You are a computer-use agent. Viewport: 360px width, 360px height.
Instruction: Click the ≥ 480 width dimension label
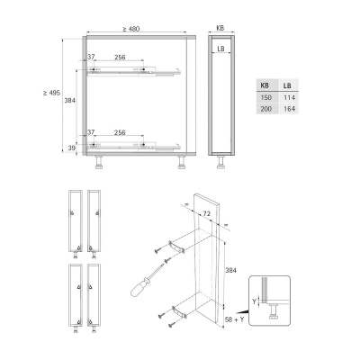pyautogui.click(x=131, y=29)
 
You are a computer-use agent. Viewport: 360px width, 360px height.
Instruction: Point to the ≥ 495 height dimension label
pyautogui.click(x=51, y=93)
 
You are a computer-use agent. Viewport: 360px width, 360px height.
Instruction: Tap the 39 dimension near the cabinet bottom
pyautogui.click(x=71, y=148)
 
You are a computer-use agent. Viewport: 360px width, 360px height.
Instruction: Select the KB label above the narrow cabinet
pyautogui.click(x=220, y=28)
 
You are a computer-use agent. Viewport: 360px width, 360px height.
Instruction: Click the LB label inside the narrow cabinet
pyautogui.click(x=220, y=49)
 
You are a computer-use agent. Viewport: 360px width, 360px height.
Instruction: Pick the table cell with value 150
pyautogui.click(x=265, y=98)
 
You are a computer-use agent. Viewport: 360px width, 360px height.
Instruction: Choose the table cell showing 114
pyautogui.click(x=289, y=98)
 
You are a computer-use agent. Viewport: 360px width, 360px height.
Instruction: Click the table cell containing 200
pyautogui.click(x=265, y=109)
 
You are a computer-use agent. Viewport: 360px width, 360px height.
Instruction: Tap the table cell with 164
pyautogui.click(x=289, y=109)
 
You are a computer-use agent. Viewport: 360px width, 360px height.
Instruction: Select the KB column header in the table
pyautogui.click(x=265, y=85)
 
